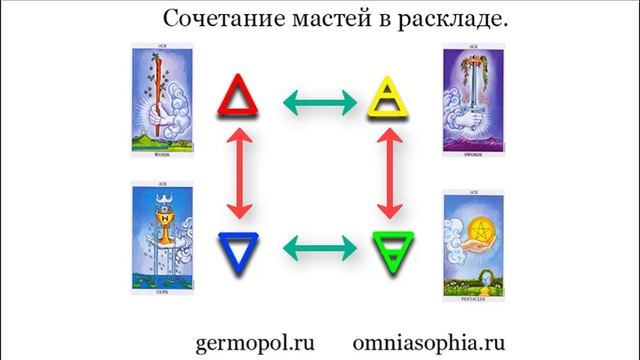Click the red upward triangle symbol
point(239,97)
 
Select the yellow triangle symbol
point(386,97)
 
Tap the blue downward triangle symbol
point(239,247)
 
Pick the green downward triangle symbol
point(386,247)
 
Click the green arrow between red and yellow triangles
point(313,100)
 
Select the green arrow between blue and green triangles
point(313,247)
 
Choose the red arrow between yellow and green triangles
point(386,172)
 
